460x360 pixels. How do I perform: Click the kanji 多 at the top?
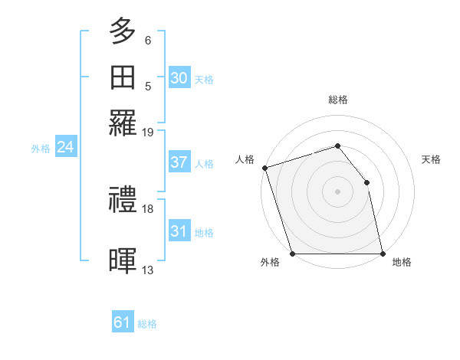[123, 31]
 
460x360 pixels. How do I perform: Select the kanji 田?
[123, 77]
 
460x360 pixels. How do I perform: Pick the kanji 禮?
[123, 201]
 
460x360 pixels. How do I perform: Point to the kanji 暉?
[123, 260]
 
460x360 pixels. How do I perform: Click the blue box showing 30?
[179, 77]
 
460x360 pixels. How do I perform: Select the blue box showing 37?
[179, 162]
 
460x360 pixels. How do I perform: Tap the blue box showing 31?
[179, 231]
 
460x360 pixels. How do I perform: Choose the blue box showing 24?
[65, 147]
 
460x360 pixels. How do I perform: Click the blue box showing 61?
[123, 322]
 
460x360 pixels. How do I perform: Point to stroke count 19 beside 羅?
[148, 132]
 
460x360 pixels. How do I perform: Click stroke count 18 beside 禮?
[148, 208]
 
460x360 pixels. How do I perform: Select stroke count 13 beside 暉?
[148, 270]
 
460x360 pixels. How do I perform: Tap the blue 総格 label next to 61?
[147, 324]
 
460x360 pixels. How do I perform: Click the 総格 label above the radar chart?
[337, 100]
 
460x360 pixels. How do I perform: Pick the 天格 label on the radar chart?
[431, 159]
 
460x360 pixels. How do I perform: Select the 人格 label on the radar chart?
[245, 159]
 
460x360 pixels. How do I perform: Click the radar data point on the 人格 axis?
[264, 168]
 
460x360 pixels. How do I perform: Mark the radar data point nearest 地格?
[382, 254]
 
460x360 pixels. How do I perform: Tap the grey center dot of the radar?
[337, 191]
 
